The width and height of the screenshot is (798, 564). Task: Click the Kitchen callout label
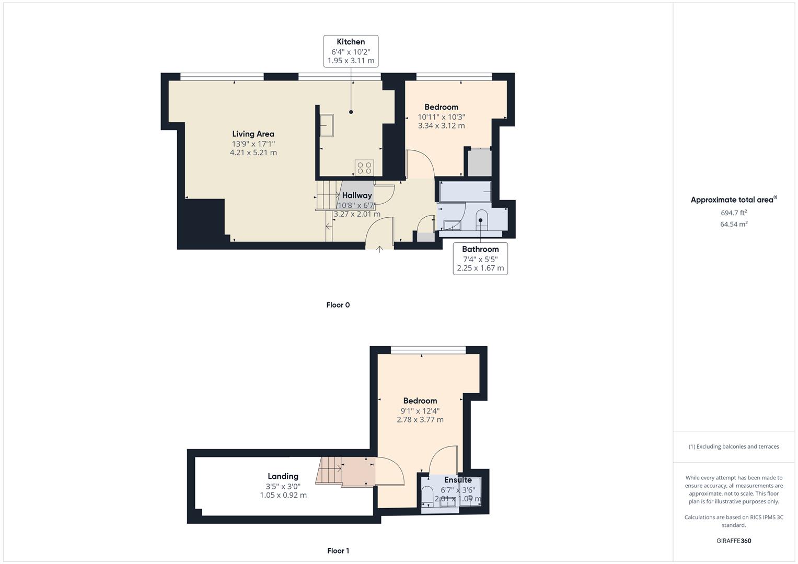[351, 51]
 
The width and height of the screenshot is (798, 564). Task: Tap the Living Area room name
[253, 134]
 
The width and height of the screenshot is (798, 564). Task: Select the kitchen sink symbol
[327, 125]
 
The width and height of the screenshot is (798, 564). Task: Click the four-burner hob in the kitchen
[364, 168]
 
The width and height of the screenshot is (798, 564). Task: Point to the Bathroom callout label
[480, 258]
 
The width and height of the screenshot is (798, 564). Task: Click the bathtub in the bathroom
[465, 192]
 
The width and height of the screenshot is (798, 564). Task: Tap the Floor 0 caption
[338, 305]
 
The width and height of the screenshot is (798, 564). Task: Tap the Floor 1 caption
[338, 550]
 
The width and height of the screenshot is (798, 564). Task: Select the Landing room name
[283, 476]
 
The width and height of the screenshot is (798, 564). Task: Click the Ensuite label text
[458, 480]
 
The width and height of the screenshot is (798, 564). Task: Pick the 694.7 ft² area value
[734, 213]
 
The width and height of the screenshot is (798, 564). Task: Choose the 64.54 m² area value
[734, 224]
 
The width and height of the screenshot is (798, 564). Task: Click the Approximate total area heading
[733, 199]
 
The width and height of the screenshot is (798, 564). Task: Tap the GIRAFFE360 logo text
[734, 540]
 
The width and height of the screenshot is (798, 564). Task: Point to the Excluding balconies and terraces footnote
[734, 446]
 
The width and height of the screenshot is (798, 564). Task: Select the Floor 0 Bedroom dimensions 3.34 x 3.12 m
[441, 126]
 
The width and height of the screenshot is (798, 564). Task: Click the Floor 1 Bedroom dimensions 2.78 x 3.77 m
[420, 420]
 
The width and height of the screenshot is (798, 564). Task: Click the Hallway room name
[357, 195]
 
